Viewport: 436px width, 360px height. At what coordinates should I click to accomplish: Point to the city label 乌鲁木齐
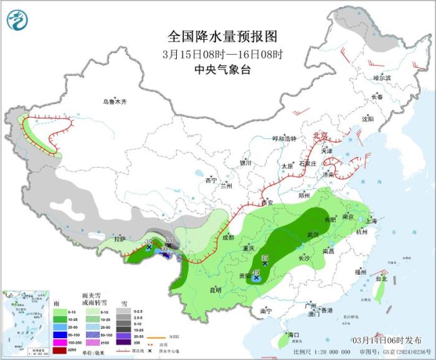point(115,102)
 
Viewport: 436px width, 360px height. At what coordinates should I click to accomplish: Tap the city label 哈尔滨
point(381,78)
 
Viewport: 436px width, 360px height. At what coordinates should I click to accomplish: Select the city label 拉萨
point(120,239)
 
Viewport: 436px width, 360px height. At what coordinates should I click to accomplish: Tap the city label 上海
point(372,220)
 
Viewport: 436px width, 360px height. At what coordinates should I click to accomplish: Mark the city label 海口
point(293,335)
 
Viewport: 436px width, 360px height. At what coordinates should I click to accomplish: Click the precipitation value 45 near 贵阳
point(256,272)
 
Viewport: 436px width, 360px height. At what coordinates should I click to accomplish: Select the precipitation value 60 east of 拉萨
point(164,251)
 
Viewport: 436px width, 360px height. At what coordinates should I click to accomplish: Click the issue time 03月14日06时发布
point(386,339)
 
